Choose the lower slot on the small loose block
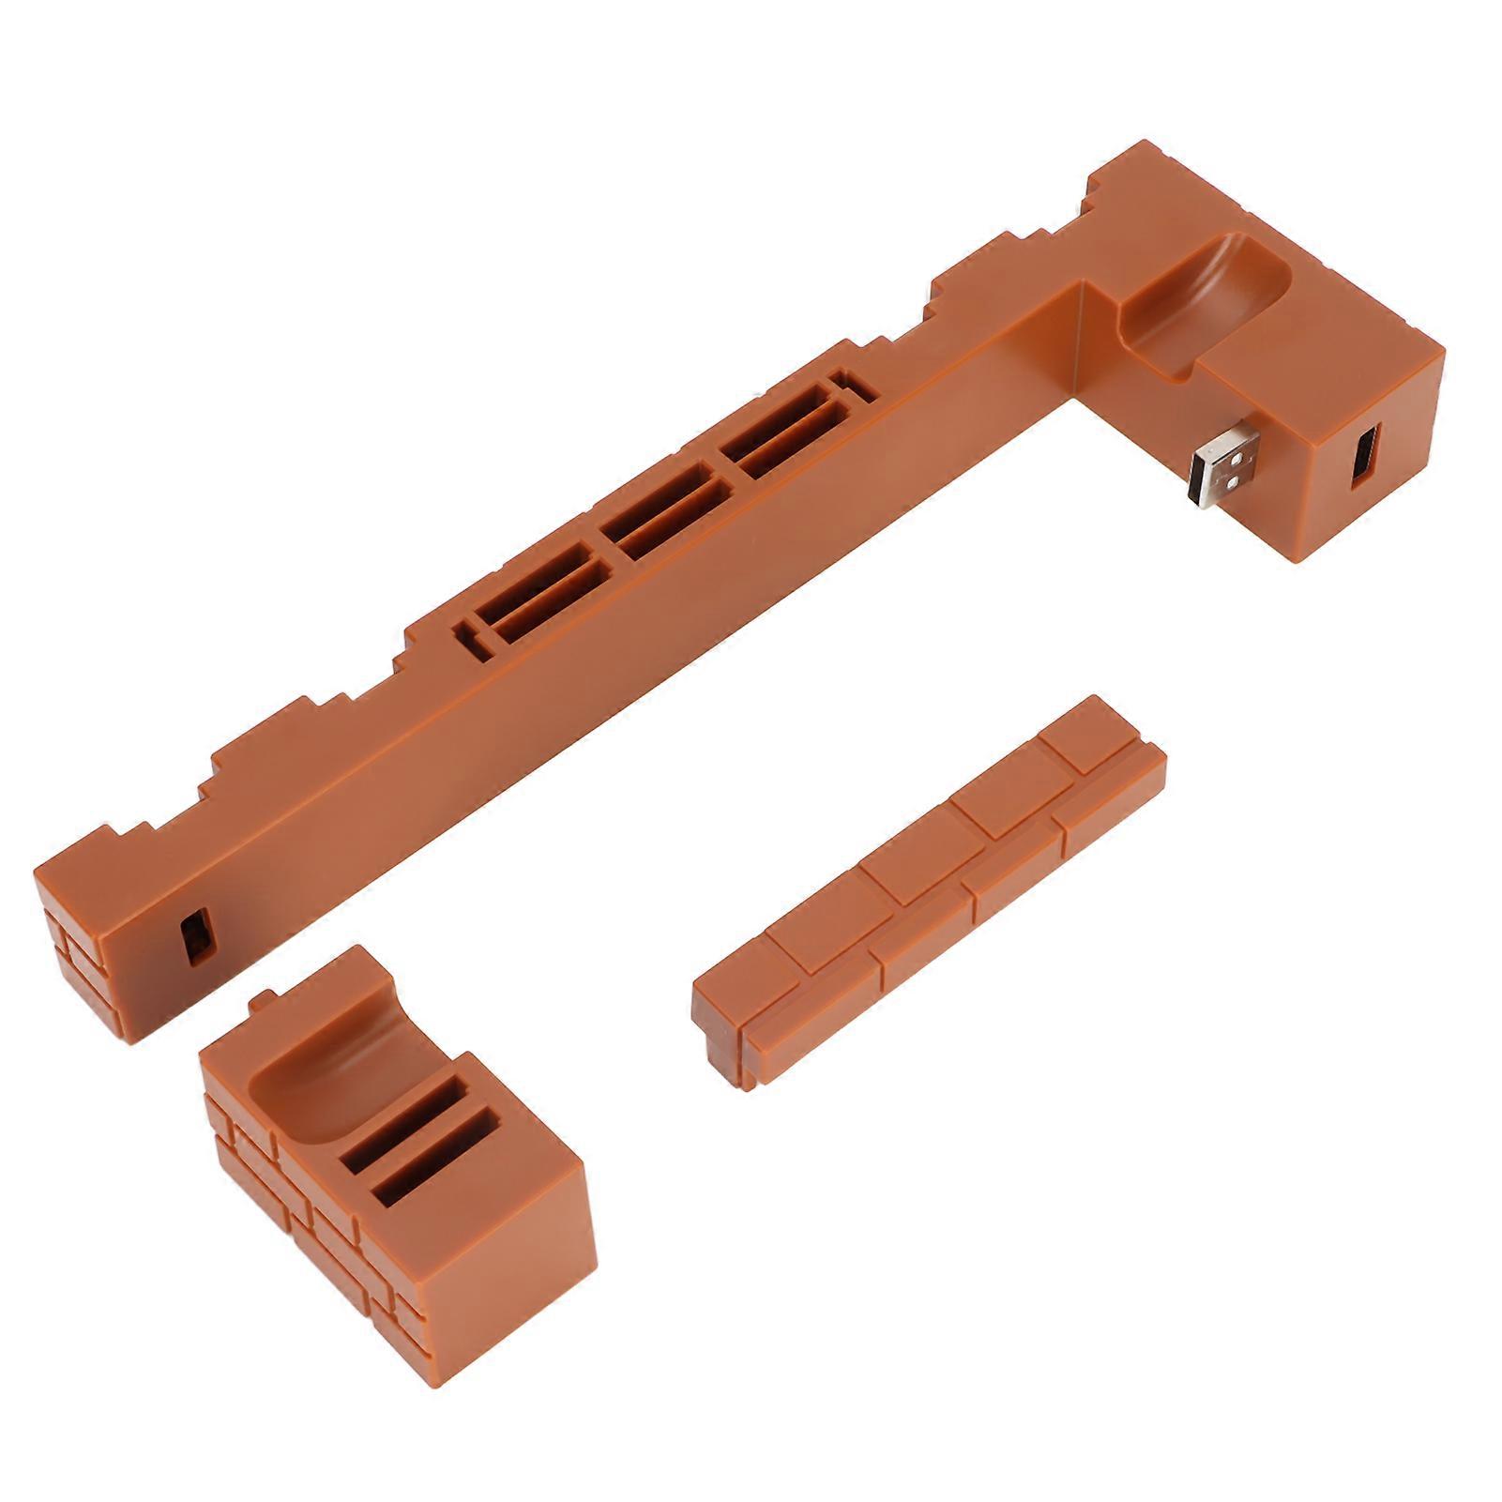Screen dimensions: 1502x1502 pyautogui.click(x=435, y=1184)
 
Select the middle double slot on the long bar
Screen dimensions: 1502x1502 pyautogui.click(x=665, y=525)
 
